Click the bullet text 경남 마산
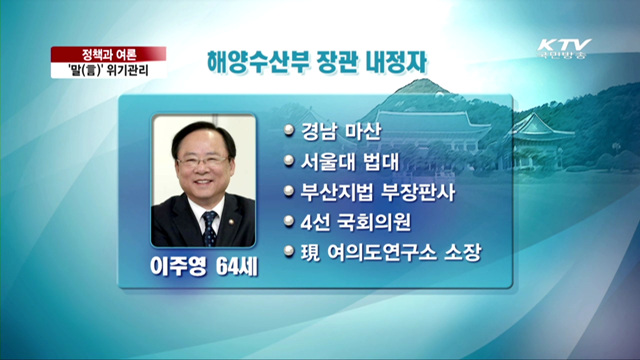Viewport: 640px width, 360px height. (336, 131)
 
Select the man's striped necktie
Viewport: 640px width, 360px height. (209, 227)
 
